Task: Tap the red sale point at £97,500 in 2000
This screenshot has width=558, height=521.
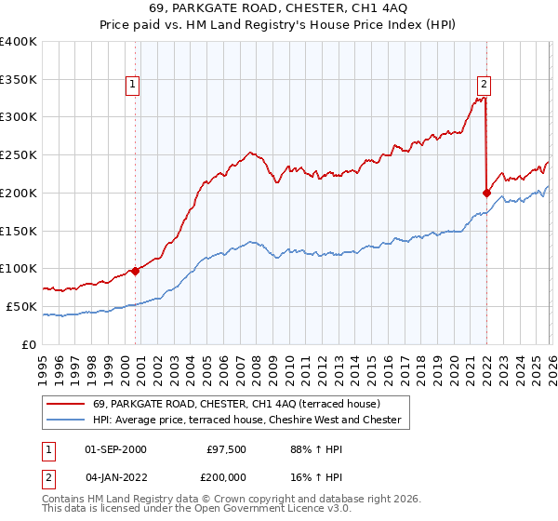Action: [x=135, y=271]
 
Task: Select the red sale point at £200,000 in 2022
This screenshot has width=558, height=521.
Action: [x=486, y=193]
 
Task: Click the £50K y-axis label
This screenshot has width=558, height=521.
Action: [x=22, y=306]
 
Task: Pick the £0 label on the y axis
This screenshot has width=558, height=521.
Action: [x=30, y=344]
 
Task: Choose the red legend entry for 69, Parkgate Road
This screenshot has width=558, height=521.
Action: [x=236, y=404]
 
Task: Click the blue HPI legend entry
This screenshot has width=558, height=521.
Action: [x=246, y=421]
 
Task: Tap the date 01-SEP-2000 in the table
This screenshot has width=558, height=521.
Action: [x=115, y=449]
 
